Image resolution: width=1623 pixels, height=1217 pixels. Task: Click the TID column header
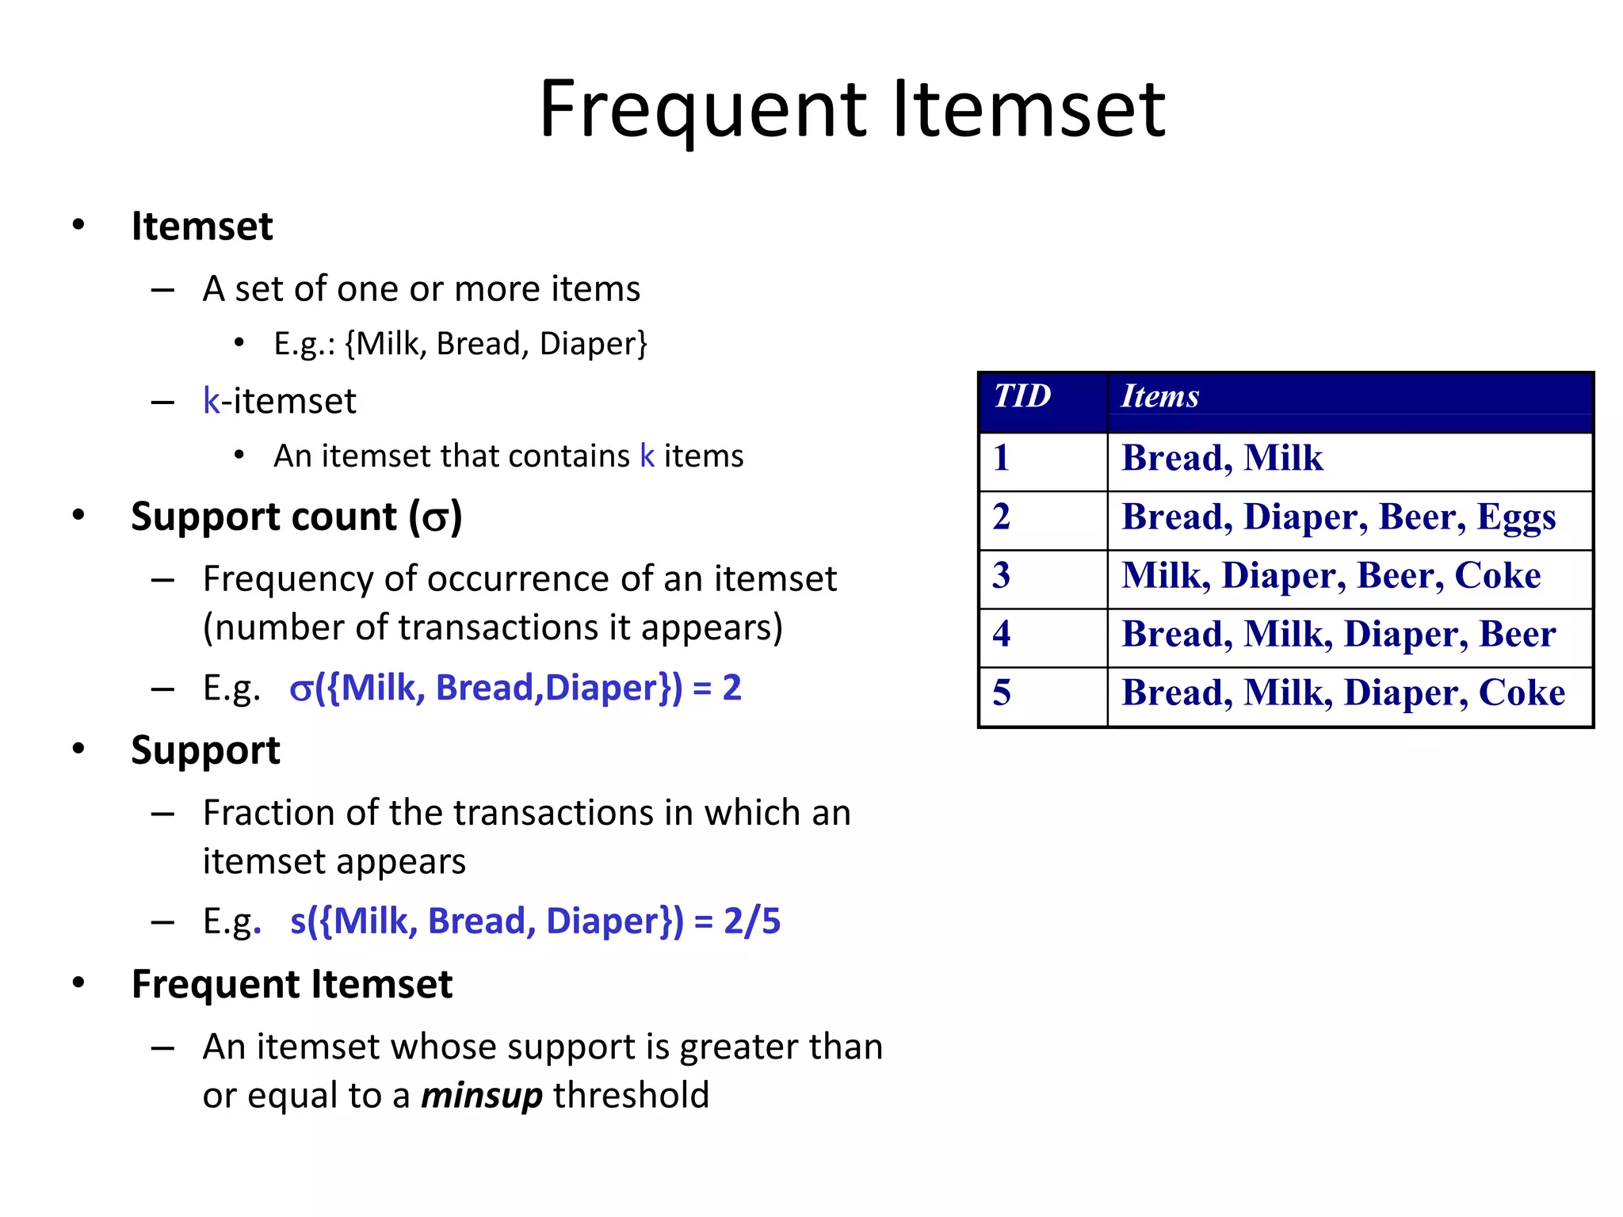1022,395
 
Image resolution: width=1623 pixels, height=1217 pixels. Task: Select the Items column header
1159,395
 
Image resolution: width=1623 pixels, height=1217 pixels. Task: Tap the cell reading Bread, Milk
1222,459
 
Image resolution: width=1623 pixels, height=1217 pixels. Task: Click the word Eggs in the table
1516,518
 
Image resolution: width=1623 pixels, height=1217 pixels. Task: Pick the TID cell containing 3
1002,575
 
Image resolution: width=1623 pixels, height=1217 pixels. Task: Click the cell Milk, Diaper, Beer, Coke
1331,576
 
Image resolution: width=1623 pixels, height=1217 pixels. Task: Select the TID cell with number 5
1002,692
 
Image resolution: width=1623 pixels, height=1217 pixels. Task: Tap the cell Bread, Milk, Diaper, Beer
1338,635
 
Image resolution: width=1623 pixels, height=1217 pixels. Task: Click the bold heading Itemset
202,227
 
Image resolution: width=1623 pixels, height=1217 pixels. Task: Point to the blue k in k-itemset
211,402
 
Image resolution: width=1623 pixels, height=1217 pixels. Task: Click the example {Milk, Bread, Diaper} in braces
497,344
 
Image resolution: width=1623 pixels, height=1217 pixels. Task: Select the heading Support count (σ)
296,517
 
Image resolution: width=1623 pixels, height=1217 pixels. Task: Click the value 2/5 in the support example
752,921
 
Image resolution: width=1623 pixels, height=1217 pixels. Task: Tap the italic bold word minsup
481,1096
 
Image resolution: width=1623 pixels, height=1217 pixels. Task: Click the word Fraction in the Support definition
269,813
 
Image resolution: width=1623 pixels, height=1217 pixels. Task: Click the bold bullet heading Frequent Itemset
292,985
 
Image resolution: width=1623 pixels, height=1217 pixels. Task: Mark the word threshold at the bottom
631,1096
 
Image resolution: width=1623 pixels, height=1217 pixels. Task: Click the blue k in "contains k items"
647,456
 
